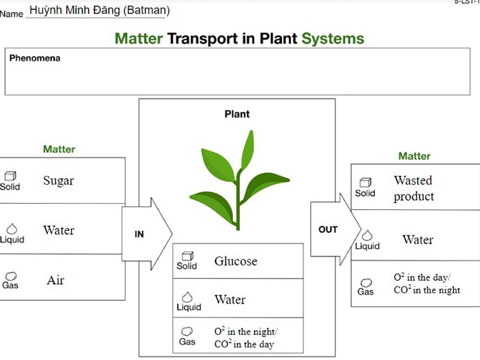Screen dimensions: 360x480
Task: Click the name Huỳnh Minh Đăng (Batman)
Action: (99, 10)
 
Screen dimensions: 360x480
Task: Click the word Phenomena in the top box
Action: (35, 58)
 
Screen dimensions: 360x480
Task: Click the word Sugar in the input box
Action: (58, 181)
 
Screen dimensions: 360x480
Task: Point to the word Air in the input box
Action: (56, 280)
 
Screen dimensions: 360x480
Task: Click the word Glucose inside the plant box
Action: (236, 261)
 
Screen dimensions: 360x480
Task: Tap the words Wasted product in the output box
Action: (413, 188)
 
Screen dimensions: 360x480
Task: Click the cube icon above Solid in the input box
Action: (10, 177)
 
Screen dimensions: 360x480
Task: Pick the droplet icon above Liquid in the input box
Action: (11, 229)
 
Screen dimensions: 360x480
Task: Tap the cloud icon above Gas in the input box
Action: (10, 276)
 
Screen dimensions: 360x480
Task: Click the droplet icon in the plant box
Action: (187, 297)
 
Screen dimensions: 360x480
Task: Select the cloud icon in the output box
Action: (366, 283)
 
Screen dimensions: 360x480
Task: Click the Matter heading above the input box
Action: (59, 149)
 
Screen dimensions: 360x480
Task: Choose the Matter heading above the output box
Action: (414, 156)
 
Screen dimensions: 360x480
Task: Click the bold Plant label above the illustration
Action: (237, 114)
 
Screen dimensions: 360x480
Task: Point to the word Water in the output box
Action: (417, 240)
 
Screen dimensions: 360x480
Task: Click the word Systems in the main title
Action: (333, 38)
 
